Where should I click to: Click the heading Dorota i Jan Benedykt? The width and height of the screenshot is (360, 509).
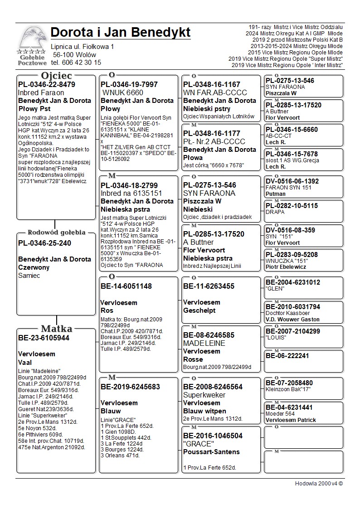click(x=121, y=33)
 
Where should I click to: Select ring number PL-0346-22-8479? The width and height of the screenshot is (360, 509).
click(x=47, y=84)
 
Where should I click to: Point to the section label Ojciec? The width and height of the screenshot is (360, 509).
click(x=56, y=75)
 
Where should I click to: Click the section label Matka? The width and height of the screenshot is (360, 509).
click(x=56, y=329)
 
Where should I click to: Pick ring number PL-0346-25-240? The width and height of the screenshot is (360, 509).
click(x=44, y=243)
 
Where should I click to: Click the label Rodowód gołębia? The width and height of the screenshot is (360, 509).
click(x=56, y=233)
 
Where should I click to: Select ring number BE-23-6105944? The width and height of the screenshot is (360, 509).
click(x=44, y=338)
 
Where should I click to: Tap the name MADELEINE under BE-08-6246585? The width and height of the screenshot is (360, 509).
click(x=204, y=343)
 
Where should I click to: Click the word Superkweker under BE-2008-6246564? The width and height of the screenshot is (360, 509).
click(x=204, y=395)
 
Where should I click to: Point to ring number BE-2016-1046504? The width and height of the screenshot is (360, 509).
click(x=213, y=436)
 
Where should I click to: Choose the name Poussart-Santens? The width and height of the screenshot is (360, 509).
click(x=211, y=452)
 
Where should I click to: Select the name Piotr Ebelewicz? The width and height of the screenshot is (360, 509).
click(x=286, y=267)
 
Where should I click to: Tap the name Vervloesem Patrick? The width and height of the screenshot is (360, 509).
click(x=291, y=420)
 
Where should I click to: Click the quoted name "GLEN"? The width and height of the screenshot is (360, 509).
click(x=275, y=289)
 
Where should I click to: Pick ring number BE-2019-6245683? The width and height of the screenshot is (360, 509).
click(x=130, y=387)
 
